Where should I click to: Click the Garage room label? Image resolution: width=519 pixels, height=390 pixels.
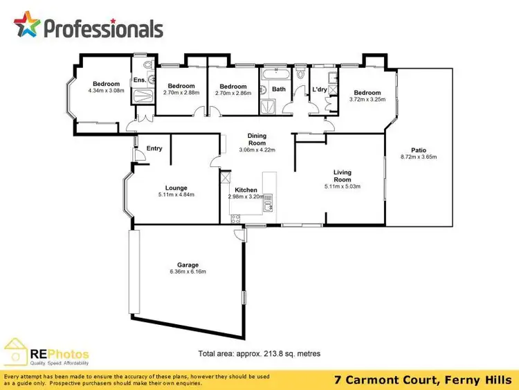click(x=188, y=265)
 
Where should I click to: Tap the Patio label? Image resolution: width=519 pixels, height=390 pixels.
click(x=418, y=150)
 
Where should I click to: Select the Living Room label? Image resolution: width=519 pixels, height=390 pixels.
click(x=343, y=176)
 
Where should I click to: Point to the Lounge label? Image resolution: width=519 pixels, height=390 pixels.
click(x=176, y=187)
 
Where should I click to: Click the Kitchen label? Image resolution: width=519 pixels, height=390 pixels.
click(x=246, y=190)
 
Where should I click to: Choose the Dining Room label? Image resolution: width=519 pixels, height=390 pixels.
click(x=257, y=140)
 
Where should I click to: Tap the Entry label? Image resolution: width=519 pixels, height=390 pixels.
click(x=154, y=148)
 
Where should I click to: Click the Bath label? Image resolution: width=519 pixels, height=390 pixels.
click(x=278, y=89)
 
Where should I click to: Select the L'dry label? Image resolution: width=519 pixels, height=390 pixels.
click(x=320, y=89)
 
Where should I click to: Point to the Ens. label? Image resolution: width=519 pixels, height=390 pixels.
click(x=139, y=80)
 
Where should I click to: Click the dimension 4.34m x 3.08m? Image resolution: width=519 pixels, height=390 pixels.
click(x=107, y=91)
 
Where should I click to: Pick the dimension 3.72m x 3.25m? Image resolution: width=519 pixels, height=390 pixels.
click(x=367, y=99)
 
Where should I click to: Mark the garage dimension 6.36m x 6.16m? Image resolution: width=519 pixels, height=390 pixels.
click(x=188, y=272)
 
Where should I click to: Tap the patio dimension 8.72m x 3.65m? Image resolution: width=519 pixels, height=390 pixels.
click(x=418, y=157)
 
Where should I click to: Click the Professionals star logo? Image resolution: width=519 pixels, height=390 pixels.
click(x=27, y=26)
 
